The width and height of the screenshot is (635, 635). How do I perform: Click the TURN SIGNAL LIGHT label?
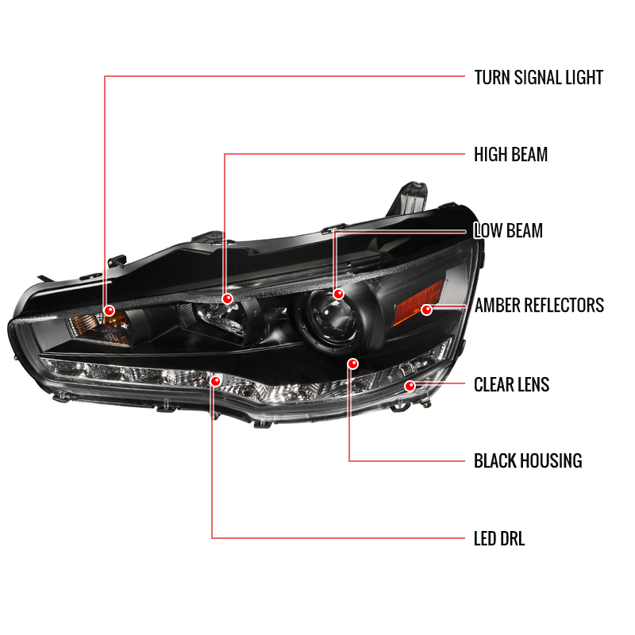click(x=539, y=77)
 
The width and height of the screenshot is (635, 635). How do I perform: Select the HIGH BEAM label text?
click(x=510, y=154)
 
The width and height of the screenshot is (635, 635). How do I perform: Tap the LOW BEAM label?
click(x=508, y=230)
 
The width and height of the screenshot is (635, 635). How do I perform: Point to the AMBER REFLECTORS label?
click(x=539, y=306)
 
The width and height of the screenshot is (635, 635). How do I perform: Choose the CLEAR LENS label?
click(x=511, y=384)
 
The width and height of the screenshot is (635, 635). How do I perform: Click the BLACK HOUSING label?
click(x=528, y=461)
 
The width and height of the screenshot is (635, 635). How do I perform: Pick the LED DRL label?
click(x=499, y=539)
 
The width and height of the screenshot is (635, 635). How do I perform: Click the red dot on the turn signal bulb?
click(x=109, y=310)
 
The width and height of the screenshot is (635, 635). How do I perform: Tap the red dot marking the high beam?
click(x=228, y=299)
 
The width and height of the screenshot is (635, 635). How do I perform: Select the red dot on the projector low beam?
click(x=338, y=294)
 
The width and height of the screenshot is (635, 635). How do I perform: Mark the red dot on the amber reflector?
click(x=426, y=310)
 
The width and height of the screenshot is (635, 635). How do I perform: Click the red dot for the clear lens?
click(x=410, y=386)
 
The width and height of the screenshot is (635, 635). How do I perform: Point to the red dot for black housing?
click(x=352, y=364)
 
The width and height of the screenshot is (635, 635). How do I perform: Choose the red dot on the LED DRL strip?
click(x=215, y=381)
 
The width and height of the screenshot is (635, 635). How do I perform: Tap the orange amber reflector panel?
click(x=419, y=304)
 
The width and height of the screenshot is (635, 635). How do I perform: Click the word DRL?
click(x=512, y=539)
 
